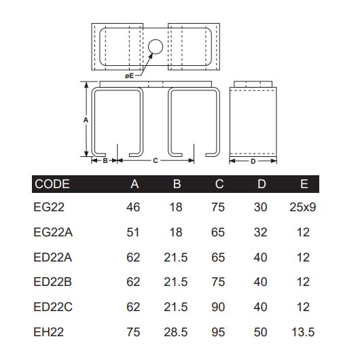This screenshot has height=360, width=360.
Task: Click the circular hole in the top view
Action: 156,47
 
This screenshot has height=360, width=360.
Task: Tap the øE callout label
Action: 130,76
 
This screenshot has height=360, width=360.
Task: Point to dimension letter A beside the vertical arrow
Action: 86,120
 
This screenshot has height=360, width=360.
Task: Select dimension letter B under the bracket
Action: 105,161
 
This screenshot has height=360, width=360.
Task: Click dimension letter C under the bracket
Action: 156,161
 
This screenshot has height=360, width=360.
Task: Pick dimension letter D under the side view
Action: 253,162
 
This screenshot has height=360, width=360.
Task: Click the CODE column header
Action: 52,184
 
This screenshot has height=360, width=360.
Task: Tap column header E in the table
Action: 304,184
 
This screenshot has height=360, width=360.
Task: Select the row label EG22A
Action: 53,232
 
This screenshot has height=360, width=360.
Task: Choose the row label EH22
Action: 49,332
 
